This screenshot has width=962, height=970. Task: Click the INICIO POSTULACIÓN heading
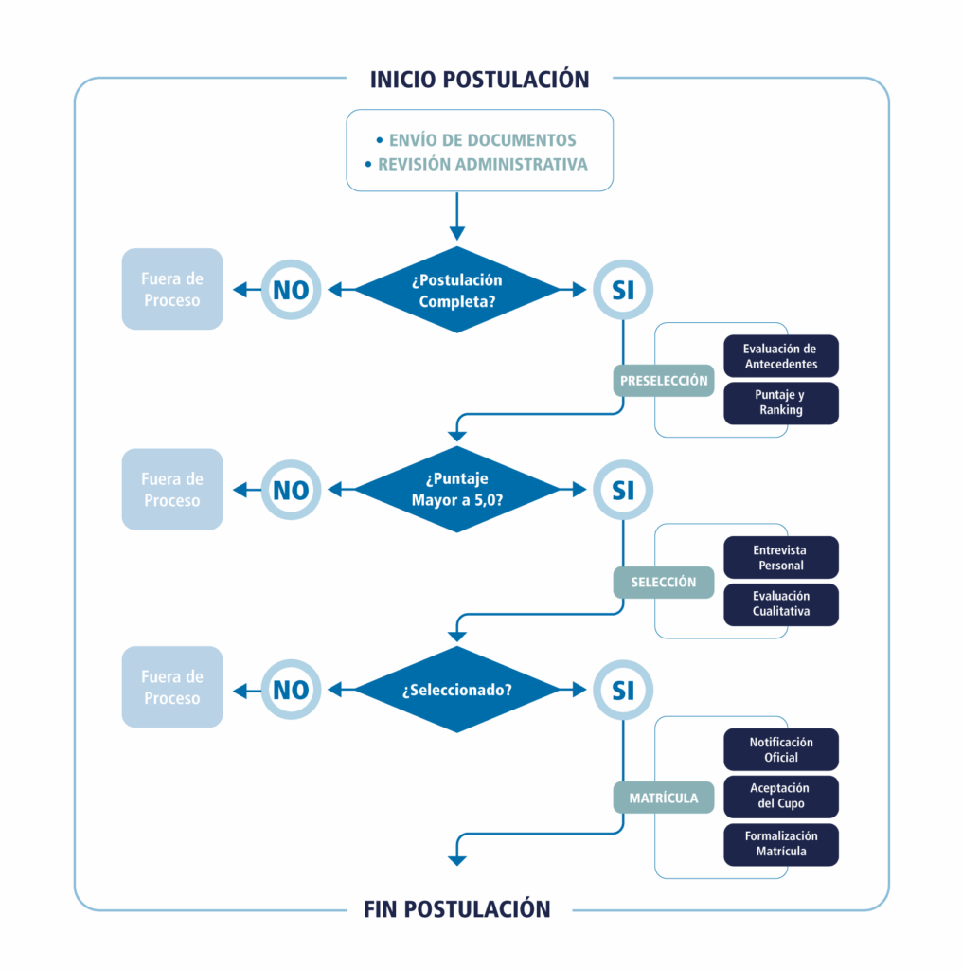(x=480, y=79)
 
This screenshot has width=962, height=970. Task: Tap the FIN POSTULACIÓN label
(x=457, y=909)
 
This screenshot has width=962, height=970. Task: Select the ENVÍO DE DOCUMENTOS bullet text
(x=482, y=140)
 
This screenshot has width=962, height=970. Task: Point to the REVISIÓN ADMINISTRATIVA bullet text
(x=482, y=164)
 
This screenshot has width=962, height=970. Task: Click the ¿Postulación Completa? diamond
(x=457, y=290)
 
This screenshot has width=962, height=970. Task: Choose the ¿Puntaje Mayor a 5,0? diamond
(x=457, y=490)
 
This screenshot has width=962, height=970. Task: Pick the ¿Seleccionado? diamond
(x=457, y=690)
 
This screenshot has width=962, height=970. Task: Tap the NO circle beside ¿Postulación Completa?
(x=291, y=290)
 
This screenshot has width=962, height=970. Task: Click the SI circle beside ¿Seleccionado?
(x=622, y=691)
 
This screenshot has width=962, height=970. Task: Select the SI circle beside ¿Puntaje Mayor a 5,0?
(x=622, y=490)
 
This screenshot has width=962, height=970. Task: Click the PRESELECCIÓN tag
(x=664, y=381)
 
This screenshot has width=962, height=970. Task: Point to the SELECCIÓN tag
(x=664, y=582)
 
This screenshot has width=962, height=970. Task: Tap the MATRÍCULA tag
(x=664, y=798)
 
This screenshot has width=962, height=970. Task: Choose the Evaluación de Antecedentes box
(x=781, y=356)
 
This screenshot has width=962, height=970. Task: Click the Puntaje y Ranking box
(x=781, y=403)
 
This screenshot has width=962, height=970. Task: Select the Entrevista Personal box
(x=781, y=557)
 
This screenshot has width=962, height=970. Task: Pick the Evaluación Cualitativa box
(x=781, y=603)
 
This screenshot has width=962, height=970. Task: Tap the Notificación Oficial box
(x=781, y=749)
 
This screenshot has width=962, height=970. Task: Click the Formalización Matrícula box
(x=781, y=843)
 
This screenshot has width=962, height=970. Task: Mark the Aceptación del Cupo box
(x=781, y=796)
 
